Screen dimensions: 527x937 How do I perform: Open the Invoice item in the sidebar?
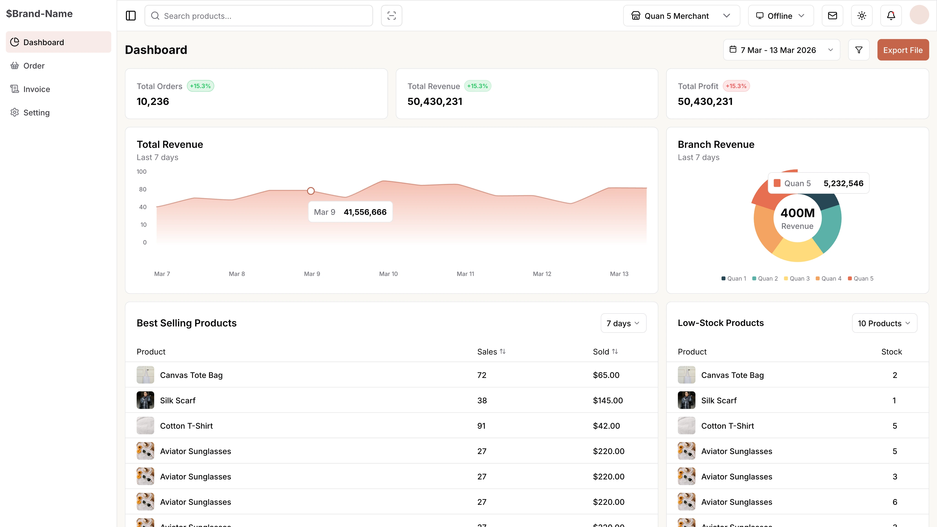[36, 89]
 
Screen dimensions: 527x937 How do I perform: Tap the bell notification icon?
[890, 16]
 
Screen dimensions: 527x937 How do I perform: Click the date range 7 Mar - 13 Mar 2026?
[781, 50]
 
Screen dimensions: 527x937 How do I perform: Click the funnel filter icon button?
[859, 50]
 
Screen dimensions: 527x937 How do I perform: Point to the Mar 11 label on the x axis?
[465, 274]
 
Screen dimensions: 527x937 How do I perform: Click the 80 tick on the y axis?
[143, 189]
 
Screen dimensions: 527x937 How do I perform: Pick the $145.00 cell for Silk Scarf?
[607, 401]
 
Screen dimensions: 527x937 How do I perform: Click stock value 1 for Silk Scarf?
[894, 401]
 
